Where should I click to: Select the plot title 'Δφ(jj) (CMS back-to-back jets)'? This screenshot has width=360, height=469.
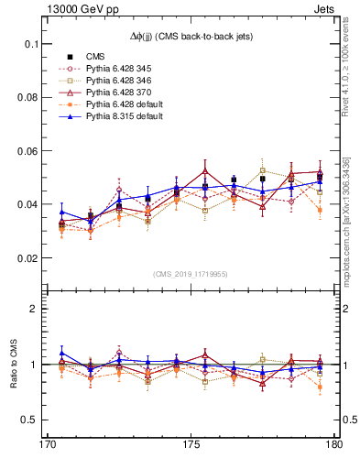[190, 35]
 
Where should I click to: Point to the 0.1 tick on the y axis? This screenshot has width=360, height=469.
[30, 44]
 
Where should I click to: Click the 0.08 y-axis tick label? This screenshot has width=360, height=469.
[27, 97]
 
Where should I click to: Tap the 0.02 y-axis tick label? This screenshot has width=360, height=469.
[27, 258]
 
